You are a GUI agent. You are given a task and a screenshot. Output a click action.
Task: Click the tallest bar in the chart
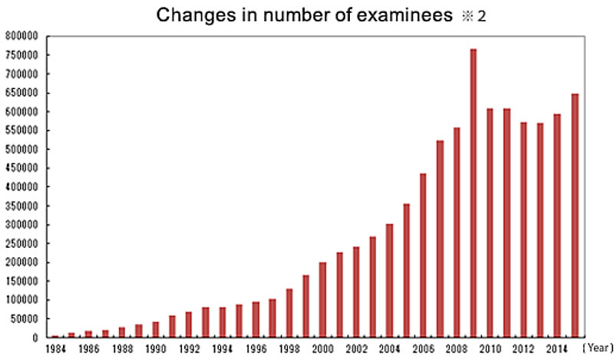474,193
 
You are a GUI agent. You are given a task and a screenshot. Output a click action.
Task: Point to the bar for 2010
490,223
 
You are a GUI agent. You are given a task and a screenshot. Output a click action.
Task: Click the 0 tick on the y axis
35,338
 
